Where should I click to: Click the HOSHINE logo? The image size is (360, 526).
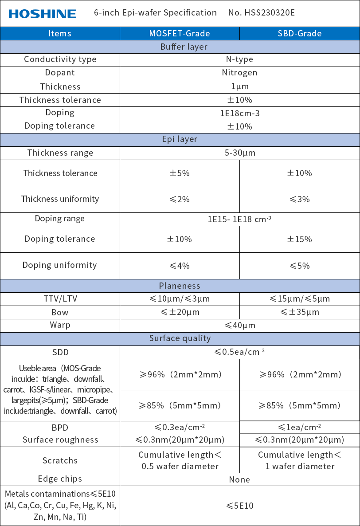[x=43, y=14]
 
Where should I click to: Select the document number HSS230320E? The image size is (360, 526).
[x=270, y=12]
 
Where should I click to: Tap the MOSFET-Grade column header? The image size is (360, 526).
[x=180, y=34]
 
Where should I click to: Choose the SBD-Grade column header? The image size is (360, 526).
[x=300, y=34]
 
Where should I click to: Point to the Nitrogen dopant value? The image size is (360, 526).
[x=239, y=73]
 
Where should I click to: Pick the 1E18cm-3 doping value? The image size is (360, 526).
[x=239, y=113]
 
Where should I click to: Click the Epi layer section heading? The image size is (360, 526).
[x=180, y=139]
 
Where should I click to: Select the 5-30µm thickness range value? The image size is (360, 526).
[x=239, y=153]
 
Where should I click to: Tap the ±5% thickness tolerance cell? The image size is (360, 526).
[x=180, y=173]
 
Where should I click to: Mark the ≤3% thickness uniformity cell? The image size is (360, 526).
[x=300, y=199]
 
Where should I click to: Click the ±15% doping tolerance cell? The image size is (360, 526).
[x=300, y=239]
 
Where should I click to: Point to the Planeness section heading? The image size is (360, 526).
[x=180, y=286]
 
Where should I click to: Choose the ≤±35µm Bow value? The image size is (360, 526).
[x=300, y=312]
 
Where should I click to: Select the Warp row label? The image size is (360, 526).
[x=60, y=325]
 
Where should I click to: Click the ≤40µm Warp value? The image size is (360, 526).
[x=239, y=326]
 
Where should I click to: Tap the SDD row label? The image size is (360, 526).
[x=60, y=353]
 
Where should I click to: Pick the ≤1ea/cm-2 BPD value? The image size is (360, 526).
[x=300, y=428]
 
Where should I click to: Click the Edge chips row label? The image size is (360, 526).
[x=60, y=479]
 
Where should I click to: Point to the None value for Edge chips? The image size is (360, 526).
[x=239, y=479]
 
